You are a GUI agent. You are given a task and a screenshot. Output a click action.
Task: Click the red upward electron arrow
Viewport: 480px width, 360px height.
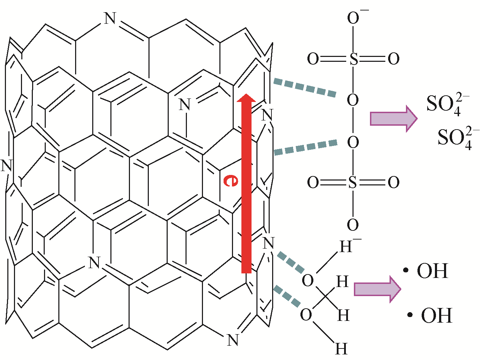246,184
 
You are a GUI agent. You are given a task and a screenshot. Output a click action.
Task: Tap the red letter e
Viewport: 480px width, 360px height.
231,181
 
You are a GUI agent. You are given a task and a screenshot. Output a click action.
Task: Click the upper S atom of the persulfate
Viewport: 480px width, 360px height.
353,59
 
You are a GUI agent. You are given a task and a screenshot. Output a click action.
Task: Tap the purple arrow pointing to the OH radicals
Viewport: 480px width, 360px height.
377,289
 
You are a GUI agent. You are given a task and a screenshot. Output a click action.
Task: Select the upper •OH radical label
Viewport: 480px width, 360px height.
426,271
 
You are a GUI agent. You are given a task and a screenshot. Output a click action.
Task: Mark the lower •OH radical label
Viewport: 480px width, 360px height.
429,315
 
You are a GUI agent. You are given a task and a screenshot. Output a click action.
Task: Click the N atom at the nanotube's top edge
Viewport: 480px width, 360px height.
110,18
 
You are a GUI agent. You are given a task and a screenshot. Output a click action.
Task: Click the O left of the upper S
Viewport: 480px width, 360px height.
313,59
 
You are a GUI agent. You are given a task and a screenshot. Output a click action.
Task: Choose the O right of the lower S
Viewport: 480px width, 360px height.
394,182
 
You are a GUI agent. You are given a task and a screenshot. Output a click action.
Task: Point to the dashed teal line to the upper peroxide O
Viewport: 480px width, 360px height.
305,87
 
